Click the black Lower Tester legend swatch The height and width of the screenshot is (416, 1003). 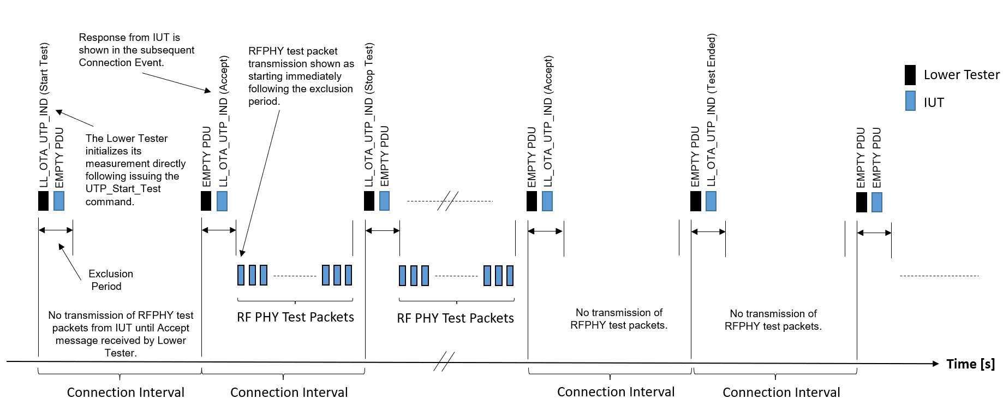pos(910,75)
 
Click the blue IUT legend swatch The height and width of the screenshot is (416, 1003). pos(910,101)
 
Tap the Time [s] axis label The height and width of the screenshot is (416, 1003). pos(970,364)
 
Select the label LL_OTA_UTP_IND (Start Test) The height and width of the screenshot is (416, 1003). pos(44,115)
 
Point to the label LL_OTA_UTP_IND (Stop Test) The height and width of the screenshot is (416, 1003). pos(369,115)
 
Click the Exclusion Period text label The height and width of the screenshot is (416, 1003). pos(109,280)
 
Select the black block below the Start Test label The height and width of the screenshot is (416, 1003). pos(44,200)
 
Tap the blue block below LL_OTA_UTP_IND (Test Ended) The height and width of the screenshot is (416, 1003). pos(711,201)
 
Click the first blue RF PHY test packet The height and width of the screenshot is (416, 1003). pos(241,275)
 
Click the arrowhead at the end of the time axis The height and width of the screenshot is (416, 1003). pos(935,364)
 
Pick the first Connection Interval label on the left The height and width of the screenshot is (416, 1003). pos(126,393)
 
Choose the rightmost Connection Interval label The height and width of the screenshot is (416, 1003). pos(781,393)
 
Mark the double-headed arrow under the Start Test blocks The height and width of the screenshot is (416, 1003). pos(56,230)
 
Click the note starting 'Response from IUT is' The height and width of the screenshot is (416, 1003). pos(136,50)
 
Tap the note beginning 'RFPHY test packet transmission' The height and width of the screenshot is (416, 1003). pos(301,76)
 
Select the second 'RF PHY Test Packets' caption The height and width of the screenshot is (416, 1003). pos(455,318)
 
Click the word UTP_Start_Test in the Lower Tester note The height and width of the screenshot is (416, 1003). pos(123,189)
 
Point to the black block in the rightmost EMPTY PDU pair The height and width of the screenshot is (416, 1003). pos(862,202)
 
